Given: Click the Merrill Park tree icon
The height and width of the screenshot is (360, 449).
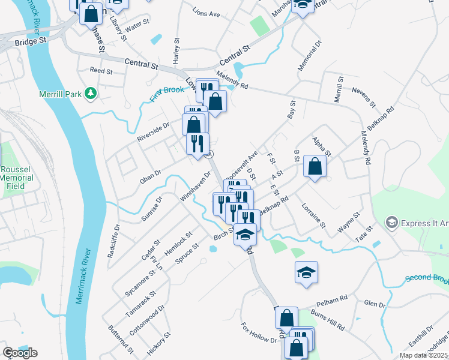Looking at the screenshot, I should coord(91,93).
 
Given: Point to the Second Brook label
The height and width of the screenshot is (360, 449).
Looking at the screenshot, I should coord(427,278).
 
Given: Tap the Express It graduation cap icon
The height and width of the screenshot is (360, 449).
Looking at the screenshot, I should coord(392,223).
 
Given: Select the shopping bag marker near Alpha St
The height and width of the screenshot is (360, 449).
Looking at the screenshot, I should coord(315,166).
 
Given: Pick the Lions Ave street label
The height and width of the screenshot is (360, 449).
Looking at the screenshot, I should coord(206,13).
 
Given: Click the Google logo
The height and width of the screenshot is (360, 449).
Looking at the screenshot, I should coord(20,353).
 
